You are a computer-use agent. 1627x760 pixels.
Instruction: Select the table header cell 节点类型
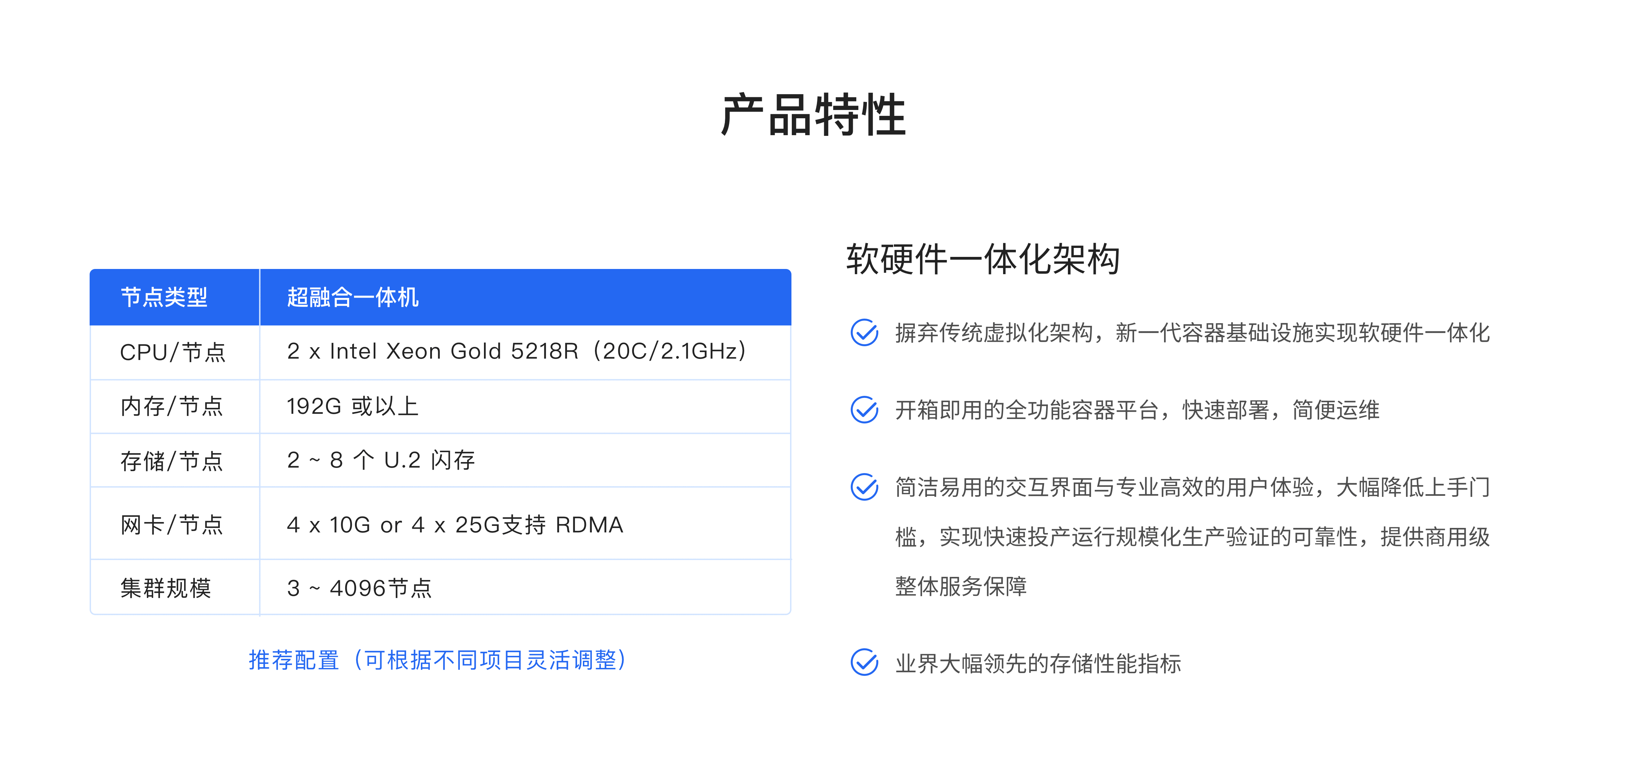(x=164, y=297)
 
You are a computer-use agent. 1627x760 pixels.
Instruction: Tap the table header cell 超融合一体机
(x=352, y=297)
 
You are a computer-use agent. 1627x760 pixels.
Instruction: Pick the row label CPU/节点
(x=172, y=352)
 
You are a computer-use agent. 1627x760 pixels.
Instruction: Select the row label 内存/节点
(x=172, y=406)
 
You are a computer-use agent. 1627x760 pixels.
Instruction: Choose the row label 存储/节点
(x=172, y=461)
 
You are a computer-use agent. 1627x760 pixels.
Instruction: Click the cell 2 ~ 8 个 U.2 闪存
(x=381, y=460)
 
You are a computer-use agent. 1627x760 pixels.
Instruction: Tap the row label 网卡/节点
(x=172, y=524)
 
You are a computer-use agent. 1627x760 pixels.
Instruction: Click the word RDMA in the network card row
(x=589, y=525)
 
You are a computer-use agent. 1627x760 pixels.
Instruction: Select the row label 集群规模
(x=165, y=588)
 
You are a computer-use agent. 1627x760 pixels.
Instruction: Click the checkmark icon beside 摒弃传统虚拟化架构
(x=864, y=332)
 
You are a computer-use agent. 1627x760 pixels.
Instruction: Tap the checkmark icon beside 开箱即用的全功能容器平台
(x=864, y=409)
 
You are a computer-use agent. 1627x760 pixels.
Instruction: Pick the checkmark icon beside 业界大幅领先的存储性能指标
(x=864, y=662)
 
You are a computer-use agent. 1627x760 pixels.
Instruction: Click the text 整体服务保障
(x=961, y=586)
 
